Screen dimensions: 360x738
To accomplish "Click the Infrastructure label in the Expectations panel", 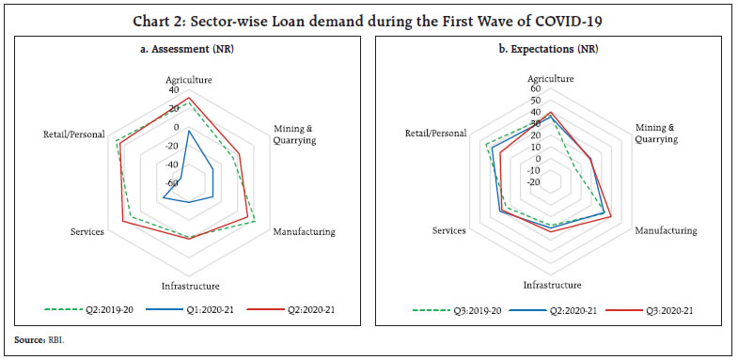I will click(x=552, y=285).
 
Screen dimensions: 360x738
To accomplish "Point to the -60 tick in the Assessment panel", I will click(x=171, y=182).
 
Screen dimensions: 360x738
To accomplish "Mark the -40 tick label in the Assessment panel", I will click(x=171, y=164).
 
